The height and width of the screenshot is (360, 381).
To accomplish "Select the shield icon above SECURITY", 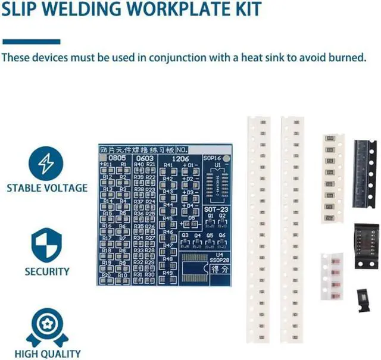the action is point(47,245).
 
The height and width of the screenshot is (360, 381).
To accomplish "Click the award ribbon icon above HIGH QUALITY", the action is point(47,327).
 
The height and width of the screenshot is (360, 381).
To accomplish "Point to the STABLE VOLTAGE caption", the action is point(47,188).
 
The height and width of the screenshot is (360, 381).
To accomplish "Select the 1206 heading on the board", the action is point(180,158).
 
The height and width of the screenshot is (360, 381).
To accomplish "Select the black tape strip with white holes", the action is point(364,173).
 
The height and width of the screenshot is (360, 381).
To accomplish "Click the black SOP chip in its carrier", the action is point(366,246).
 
